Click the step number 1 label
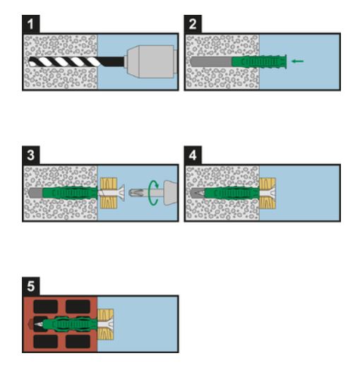pyautogui.click(x=31, y=24)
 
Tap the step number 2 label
pyautogui.click(x=193, y=24)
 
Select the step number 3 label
pyautogui.click(x=31, y=155)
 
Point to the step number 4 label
pyautogui.click(x=193, y=155)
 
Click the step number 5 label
pyautogui.click(x=31, y=286)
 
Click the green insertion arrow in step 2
pyautogui.click(x=297, y=61)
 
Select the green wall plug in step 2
pyautogui.click(x=259, y=61)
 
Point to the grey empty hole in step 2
pyautogui.click(x=211, y=62)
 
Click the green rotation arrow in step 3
pyautogui.click(x=153, y=193)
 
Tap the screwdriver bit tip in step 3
pyautogui.click(x=135, y=193)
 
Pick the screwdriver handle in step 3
pyautogui.click(x=170, y=193)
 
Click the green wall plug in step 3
pyautogui.click(x=70, y=193)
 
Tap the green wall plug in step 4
pyautogui.click(x=232, y=193)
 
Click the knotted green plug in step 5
pyautogui.click(x=70, y=324)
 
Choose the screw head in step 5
pyautogui.click(x=109, y=324)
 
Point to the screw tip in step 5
pyautogui.click(x=39, y=325)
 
